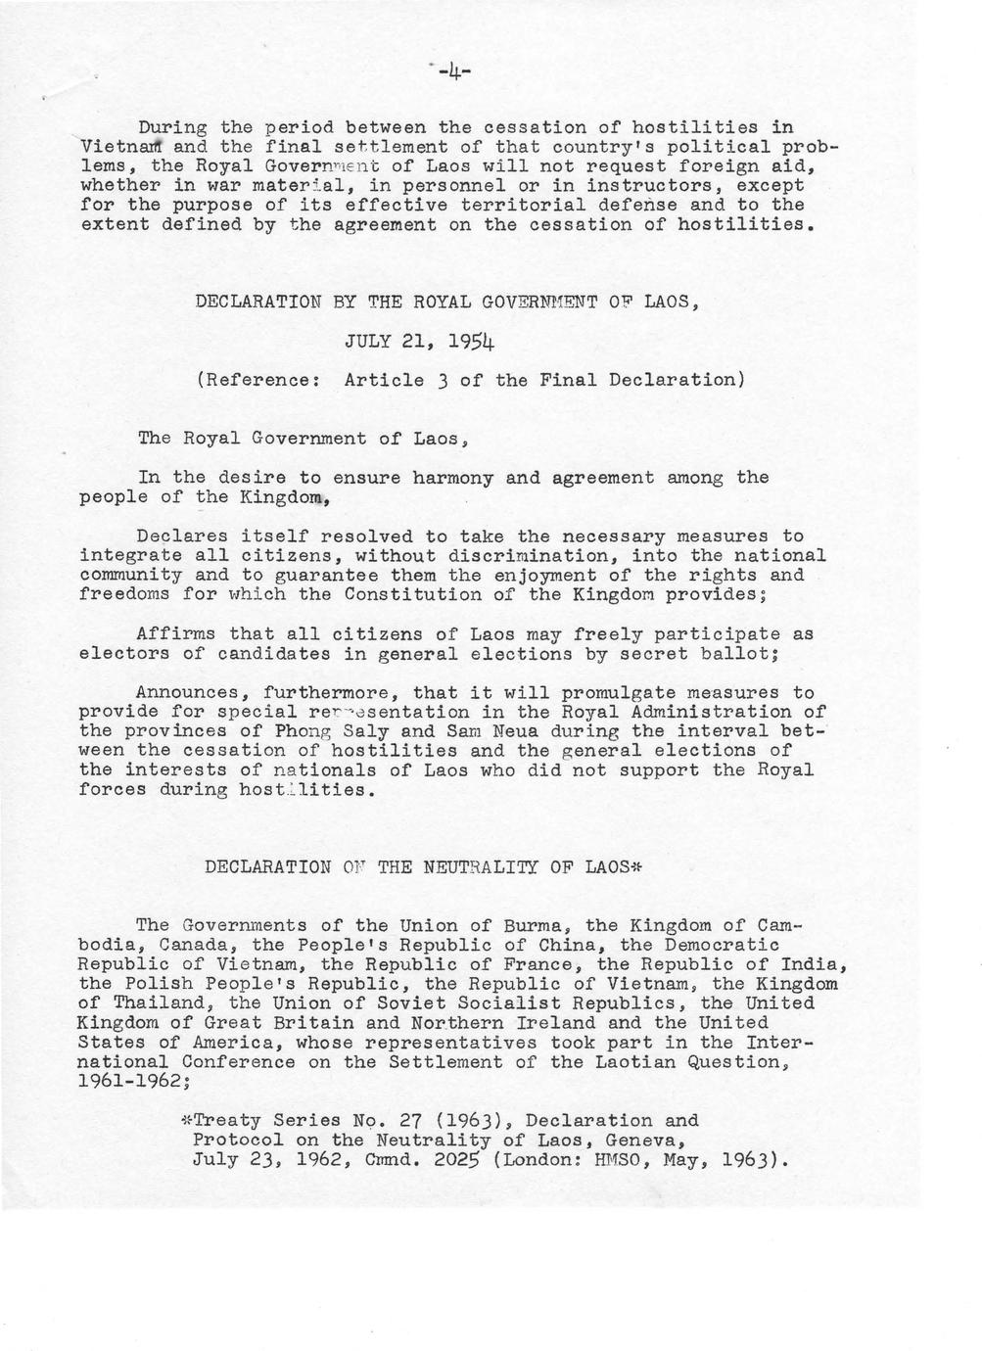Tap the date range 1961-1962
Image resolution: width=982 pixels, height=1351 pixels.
point(130,1081)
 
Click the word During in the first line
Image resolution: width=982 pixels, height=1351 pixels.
point(172,127)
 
